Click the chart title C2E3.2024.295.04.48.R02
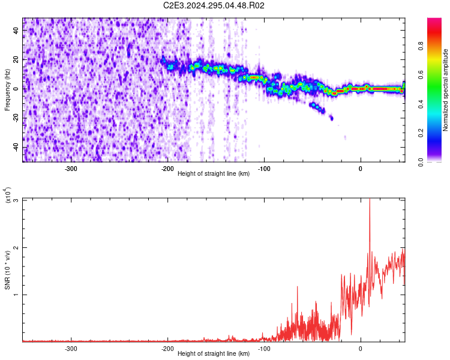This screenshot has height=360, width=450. click(x=214, y=6)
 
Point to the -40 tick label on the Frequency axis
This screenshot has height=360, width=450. click(x=15, y=148)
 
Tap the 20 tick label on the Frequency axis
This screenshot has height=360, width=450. click(x=16, y=59)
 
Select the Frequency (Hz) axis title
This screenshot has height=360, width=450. click(x=7, y=90)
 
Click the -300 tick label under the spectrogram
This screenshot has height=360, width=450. click(x=71, y=168)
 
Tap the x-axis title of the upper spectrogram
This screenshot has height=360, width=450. click(x=214, y=174)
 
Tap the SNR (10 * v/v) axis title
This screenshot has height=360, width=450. click(x=7, y=270)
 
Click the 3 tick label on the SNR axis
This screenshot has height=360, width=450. click(x=16, y=200)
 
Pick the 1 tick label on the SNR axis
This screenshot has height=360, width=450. click(x=16, y=295)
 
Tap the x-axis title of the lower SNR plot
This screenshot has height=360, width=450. click(x=214, y=354)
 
